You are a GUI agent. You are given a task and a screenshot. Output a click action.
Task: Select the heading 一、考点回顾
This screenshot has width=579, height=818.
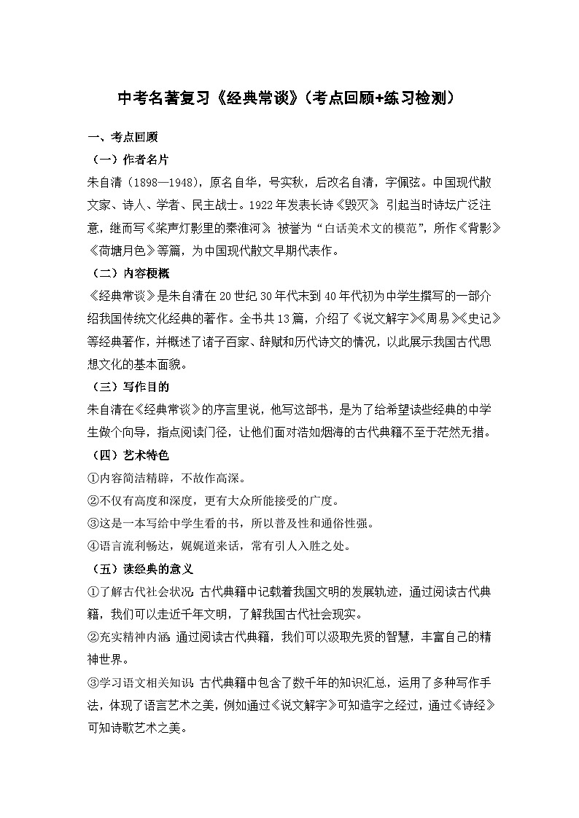pyautogui.click(x=118, y=137)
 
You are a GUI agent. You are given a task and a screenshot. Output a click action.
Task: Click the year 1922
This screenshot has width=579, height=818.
pyautogui.click(x=287, y=205)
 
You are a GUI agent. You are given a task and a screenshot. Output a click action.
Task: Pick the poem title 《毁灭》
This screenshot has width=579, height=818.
pyautogui.click(x=365, y=205)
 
